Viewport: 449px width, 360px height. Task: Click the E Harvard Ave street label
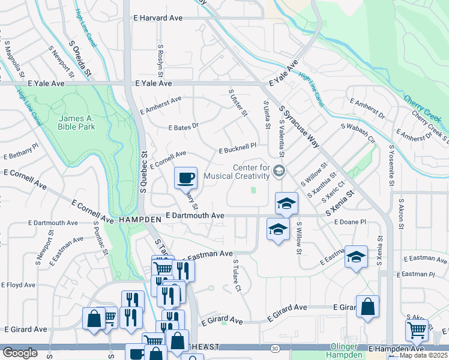point(158,19)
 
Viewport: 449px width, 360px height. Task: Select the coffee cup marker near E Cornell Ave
point(186,177)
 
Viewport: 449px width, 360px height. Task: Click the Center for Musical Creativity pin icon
point(279,171)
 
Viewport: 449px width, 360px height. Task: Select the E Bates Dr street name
point(183,128)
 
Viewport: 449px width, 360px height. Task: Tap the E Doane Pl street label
point(349,222)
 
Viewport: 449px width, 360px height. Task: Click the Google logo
point(20,352)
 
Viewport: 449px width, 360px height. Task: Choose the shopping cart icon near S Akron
point(417,329)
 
